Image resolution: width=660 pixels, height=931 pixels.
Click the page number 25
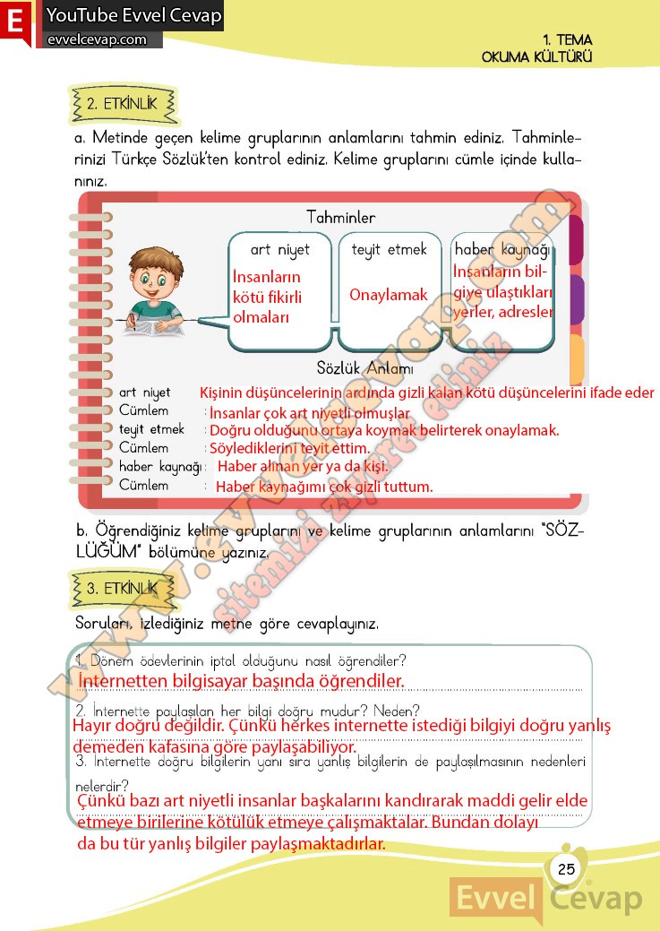click(565, 868)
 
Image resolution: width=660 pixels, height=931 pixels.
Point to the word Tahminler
click(340, 218)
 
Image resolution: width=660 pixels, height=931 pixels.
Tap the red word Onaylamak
click(389, 295)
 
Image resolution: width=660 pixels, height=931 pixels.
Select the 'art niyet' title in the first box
click(280, 250)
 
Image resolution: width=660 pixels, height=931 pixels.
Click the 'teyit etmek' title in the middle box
click(390, 250)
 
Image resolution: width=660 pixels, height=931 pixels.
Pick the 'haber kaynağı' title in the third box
click(502, 250)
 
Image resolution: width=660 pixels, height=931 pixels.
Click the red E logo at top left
click(15, 22)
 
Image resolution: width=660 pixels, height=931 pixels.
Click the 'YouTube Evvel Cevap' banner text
click(133, 15)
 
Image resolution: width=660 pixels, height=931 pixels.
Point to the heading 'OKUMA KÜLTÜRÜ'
click(537, 56)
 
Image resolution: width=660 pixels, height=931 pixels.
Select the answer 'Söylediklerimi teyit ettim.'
click(289, 448)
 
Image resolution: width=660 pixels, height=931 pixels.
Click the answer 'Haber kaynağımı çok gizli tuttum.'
click(325, 487)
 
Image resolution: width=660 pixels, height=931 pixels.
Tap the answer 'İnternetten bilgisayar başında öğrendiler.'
click(242, 682)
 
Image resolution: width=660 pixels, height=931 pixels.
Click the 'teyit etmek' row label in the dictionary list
click(151, 429)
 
